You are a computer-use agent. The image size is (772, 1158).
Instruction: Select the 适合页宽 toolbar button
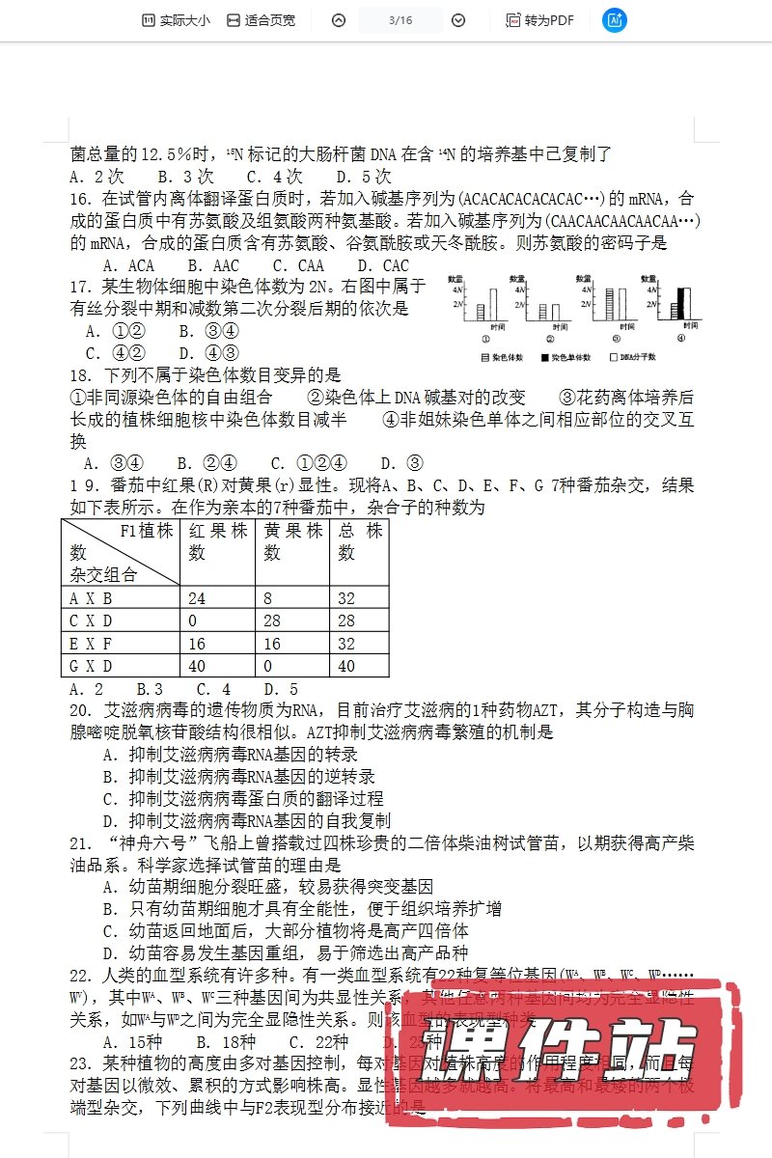point(261,20)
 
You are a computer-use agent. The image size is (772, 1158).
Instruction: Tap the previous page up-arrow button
point(338,20)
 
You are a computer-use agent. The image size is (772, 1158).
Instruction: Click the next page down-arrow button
point(458,20)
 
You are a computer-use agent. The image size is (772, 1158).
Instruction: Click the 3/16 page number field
point(400,20)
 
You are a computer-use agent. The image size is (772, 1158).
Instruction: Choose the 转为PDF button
point(539,20)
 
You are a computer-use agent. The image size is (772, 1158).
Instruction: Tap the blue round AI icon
point(614,20)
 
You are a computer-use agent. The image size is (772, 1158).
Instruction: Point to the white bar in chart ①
point(492,303)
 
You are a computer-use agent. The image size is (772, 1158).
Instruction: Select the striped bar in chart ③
point(610,303)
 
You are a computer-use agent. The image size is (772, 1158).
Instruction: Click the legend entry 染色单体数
point(569,357)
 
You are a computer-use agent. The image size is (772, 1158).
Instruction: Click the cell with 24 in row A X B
point(218,598)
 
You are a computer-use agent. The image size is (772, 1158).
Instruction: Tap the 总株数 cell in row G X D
point(359,666)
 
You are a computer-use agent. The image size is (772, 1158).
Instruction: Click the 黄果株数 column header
point(293,541)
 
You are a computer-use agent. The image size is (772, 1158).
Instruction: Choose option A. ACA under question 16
point(128,265)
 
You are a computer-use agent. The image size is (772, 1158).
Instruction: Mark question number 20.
point(81,710)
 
